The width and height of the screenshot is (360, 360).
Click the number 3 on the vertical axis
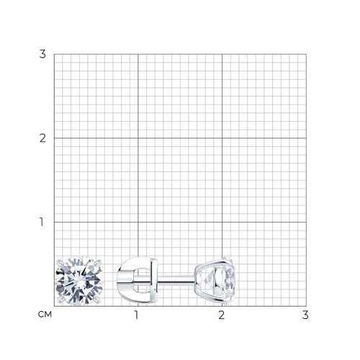42,54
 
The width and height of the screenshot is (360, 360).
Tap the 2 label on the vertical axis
42,138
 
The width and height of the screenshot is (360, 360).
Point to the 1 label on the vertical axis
42,222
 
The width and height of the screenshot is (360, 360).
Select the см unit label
45,315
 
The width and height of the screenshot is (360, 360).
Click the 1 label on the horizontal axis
137,315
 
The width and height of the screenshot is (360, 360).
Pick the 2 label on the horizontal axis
222,315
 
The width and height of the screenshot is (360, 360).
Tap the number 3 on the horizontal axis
305,315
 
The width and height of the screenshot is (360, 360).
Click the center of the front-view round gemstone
79,281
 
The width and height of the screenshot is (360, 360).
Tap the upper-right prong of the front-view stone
98,263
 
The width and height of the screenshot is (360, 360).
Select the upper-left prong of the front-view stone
60,263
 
